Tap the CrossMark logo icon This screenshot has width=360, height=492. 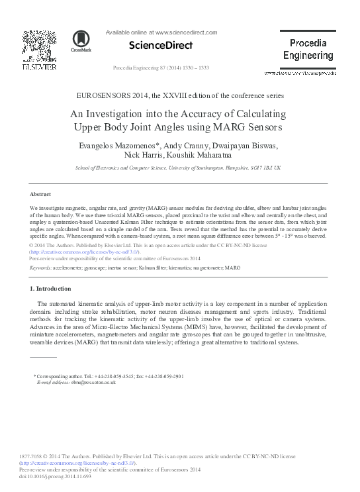(82, 40)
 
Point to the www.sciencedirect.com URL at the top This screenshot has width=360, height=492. (186, 32)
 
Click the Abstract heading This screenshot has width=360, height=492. (41, 194)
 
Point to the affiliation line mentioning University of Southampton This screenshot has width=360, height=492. (178, 168)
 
